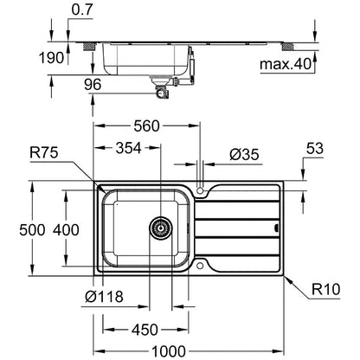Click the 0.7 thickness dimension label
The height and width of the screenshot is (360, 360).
(82, 10)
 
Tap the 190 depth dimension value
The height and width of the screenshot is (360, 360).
(51, 58)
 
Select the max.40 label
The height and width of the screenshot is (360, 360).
(286, 64)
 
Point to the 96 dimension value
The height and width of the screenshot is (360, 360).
(93, 84)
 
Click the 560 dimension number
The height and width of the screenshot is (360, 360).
(146, 126)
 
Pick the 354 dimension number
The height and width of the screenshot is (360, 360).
(129, 148)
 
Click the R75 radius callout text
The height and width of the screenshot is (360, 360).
(44, 152)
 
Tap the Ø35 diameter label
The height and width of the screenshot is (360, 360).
(244, 155)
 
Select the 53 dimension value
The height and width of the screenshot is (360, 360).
(315, 148)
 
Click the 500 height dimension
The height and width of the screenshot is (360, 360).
(32, 230)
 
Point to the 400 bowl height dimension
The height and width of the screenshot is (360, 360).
(66, 230)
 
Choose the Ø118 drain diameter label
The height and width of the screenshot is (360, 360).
(104, 296)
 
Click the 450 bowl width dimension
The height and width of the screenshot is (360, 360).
(145, 330)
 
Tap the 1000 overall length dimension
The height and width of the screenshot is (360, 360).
(169, 351)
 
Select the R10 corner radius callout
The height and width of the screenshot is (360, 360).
(326, 289)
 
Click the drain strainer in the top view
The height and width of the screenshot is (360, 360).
(161, 228)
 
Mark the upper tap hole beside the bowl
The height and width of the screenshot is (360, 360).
(200, 190)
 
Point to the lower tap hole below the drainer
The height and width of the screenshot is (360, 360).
(200, 266)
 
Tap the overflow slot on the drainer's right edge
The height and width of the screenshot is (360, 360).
(276, 228)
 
